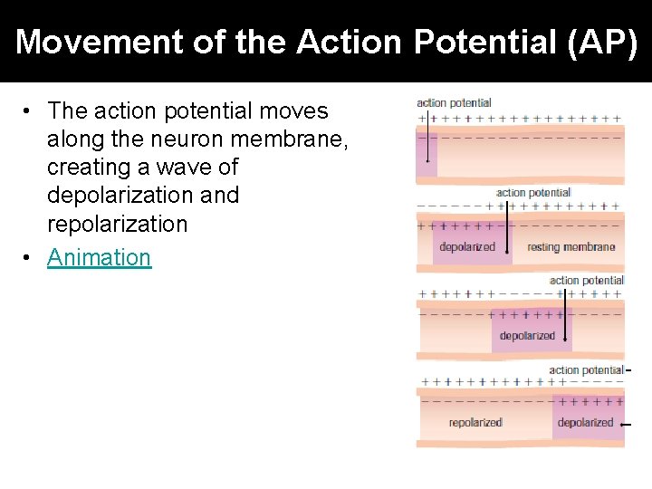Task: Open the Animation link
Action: (99, 257)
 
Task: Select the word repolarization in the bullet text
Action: (117, 223)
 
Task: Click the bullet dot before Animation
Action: (30, 258)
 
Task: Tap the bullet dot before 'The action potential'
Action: (30, 111)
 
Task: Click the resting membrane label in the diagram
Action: (570, 247)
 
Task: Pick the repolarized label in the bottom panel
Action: (475, 423)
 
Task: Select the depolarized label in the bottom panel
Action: (585, 423)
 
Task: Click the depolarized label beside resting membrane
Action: (467, 247)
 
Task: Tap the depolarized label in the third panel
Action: (527, 336)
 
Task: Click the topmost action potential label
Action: (454, 103)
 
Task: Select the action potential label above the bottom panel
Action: (586, 370)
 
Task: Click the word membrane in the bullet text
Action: (300, 139)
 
